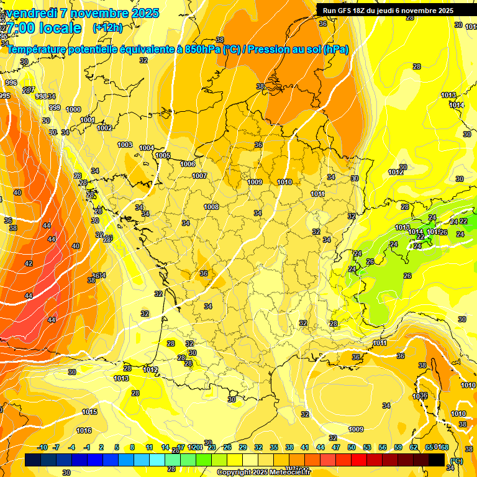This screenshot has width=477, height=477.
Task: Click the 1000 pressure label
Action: click(73, 109)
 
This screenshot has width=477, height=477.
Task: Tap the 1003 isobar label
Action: click(125, 145)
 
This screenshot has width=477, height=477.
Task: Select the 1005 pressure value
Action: click(163, 155)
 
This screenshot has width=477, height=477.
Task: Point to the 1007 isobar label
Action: click(199, 176)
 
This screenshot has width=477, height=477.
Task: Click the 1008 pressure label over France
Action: click(211, 207)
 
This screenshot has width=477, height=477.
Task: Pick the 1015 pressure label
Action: click(89, 412)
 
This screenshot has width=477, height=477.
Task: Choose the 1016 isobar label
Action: click(84, 430)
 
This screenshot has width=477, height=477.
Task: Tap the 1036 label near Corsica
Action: click(420, 396)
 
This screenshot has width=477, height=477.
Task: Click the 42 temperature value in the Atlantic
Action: click(29, 263)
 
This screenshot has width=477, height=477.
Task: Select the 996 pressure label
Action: click(11, 83)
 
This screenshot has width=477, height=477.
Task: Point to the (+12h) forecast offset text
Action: click(107, 28)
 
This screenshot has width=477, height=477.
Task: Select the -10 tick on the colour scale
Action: click(42, 447)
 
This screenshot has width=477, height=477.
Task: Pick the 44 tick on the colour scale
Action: click(320, 447)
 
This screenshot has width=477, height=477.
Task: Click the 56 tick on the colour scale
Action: click(381, 447)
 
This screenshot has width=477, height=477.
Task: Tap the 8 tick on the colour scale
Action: click(132, 447)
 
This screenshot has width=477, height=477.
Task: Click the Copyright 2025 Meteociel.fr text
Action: click(263, 473)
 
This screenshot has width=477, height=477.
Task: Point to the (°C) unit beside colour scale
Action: click(456, 461)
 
